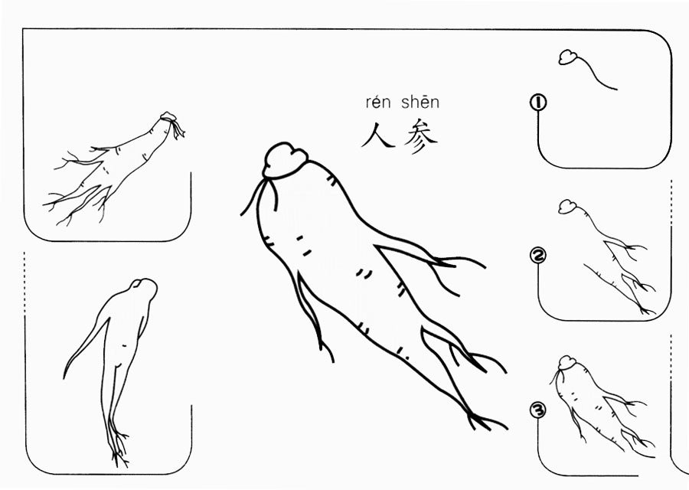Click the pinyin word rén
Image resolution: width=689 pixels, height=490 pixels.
(377, 103)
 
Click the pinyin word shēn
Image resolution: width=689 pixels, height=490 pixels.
(420, 102)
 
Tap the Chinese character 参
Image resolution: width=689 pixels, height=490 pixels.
(421, 136)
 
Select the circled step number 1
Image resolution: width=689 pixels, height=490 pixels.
(538, 103)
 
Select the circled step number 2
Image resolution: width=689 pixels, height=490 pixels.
(538, 256)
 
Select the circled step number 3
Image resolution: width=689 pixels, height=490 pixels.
(538, 410)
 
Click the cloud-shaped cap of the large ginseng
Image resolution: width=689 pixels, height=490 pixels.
(286, 161)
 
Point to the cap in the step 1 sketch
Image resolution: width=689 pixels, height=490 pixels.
(569, 57)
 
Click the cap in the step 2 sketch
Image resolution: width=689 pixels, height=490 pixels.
(568, 207)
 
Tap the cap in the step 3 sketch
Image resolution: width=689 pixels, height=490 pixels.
(567, 363)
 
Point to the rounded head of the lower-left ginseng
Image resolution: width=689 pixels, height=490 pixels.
(144, 289)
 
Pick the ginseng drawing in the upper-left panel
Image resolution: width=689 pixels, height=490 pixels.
(114, 168)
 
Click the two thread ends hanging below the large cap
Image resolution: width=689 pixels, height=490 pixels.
(260, 197)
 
